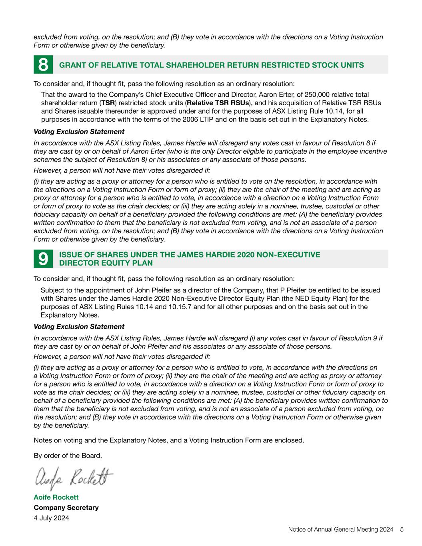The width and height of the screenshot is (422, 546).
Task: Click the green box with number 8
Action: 43,65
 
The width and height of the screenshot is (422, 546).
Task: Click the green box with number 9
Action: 43,259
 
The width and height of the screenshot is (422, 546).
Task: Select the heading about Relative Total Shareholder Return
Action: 211,65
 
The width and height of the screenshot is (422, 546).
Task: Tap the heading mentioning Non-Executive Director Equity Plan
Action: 190,259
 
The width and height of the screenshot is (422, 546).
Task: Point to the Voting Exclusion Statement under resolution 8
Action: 79,132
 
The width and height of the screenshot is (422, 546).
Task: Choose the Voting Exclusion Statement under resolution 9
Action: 79,326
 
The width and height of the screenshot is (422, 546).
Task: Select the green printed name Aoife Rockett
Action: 56,497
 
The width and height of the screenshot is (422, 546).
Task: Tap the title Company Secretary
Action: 66,508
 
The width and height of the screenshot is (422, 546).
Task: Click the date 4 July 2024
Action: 51,518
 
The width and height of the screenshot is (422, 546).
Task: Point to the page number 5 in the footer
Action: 402,530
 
